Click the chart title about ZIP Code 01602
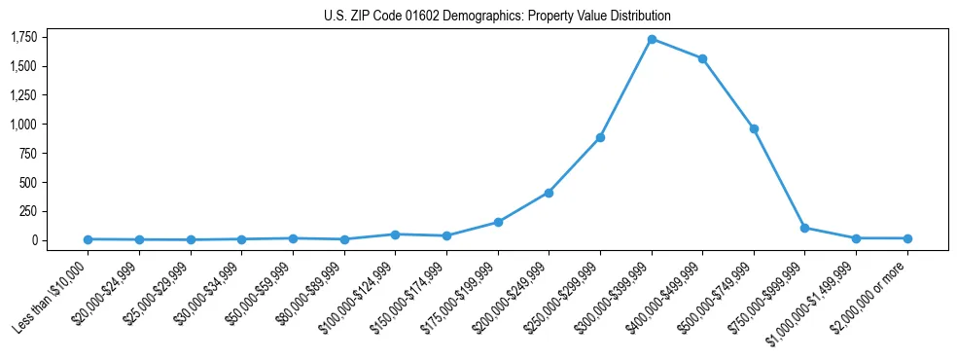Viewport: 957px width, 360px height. (497, 17)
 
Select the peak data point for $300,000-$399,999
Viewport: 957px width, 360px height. (652, 39)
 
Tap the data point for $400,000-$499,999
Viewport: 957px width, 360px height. (702, 58)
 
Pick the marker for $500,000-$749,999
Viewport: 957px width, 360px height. (754, 128)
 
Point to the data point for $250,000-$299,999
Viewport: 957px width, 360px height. (600, 137)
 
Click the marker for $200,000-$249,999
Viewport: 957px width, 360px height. (549, 193)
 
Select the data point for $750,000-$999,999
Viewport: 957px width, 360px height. (804, 228)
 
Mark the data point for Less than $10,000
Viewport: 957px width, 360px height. (89, 239)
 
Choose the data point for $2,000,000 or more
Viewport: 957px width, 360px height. (907, 238)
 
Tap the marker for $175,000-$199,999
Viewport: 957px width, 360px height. (498, 222)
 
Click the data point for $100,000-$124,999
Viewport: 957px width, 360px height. (395, 234)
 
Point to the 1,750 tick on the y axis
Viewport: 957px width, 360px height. (23, 38)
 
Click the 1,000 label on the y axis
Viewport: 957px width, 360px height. (23, 125)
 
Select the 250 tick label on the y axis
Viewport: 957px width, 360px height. (28, 211)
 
